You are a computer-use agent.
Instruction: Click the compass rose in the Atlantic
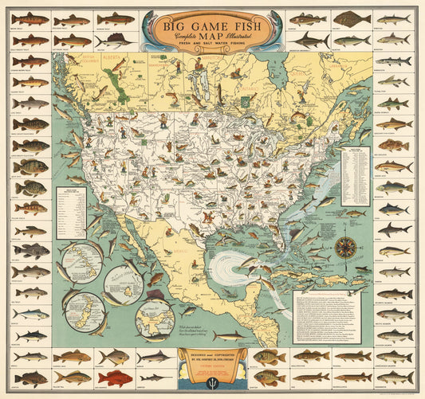(x=344, y=247)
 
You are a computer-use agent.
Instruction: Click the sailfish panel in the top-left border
(x=114, y=39)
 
